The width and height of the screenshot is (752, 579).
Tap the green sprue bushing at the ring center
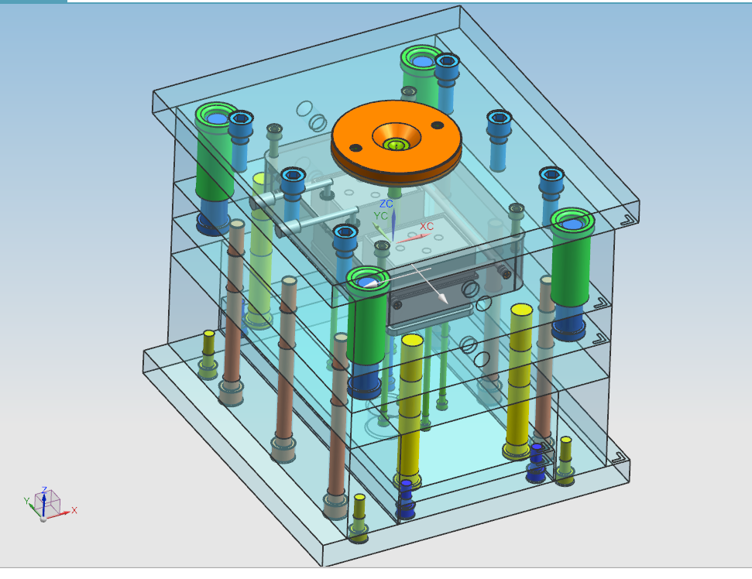[397, 144]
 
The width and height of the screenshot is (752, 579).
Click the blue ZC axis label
[386, 204]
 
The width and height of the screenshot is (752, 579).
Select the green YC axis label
[380, 216]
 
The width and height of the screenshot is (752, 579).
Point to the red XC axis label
[427, 226]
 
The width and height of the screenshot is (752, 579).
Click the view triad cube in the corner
[47, 502]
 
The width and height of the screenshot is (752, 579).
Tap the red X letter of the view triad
[74, 510]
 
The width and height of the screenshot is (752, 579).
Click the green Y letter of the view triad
[27, 501]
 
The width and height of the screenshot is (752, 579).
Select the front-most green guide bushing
[367, 317]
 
